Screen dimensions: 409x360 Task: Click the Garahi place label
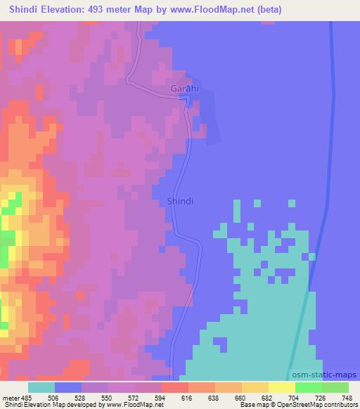(185, 89)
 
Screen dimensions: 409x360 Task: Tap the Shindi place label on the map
(180, 201)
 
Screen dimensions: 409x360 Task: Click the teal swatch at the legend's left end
(41, 387)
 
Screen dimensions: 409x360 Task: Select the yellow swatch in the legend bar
(282, 387)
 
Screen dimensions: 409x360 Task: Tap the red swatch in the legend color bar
(175, 387)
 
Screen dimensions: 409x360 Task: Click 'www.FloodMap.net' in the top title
(233, 9)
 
